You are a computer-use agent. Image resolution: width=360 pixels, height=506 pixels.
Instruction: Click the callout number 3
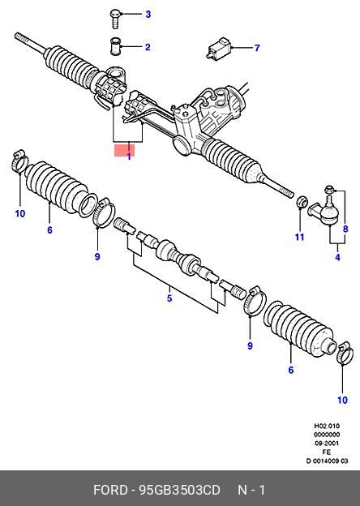(148, 15)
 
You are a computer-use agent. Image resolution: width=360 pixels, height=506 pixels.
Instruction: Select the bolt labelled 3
(115, 19)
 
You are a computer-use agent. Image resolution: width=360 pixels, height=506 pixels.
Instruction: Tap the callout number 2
(148, 47)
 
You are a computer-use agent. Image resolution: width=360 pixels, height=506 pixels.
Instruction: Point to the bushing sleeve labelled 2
(115, 47)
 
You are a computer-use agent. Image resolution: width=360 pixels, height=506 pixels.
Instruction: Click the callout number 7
(257, 48)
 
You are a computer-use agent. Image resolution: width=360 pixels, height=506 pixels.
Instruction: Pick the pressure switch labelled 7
(219, 49)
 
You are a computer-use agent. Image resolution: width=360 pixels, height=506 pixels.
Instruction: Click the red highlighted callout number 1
(129, 157)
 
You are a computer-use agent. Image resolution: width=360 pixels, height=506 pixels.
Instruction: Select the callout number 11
(300, 237)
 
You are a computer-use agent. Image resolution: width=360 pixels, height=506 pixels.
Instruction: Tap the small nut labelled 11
(302, 201)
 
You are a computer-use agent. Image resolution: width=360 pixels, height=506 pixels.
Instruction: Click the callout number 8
(345, 229)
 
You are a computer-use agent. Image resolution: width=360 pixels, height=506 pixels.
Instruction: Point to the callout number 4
(337, 257)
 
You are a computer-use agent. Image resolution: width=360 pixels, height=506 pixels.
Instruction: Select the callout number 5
(169, 298)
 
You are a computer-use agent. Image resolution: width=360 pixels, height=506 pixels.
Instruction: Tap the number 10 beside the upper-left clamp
(20, 213)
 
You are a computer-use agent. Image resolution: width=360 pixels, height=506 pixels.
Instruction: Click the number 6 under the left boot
(49, 230)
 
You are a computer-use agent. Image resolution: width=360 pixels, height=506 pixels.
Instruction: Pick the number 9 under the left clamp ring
(97, 256)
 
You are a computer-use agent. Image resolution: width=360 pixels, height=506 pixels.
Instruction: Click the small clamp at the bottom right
(343, 353)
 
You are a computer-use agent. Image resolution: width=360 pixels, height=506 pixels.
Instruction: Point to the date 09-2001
(327, 444)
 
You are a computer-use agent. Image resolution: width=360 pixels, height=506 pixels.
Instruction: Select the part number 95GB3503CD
(179, 490)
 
